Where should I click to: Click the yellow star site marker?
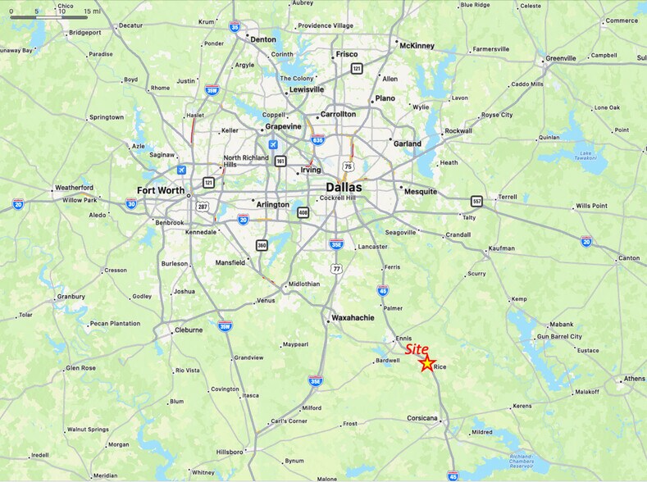click(427, 363)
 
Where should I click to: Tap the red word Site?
click(417, 349)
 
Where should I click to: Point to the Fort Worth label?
click(161, 192)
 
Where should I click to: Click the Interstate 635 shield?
click(317, 140)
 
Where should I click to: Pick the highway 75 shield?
click(349, 166)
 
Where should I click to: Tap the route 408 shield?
click(303, 213)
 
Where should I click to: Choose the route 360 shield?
click(262, 245)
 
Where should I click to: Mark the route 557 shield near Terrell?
click(476, 201)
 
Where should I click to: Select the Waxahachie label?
click(353, 317)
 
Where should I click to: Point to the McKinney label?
click(417, 46)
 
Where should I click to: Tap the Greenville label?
click(560, 58)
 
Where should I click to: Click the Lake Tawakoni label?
click(585, 157)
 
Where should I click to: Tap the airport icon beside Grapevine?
click(272, 144)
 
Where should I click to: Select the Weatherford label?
click(74, 188)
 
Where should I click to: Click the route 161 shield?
click(280, 161)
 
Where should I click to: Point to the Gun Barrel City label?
click(559, 337)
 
